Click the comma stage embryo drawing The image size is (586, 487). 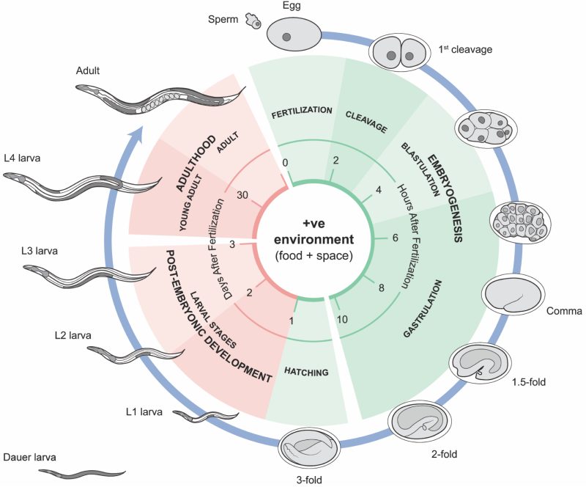[x=513, y=296]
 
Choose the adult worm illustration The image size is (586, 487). [x=157, y=98]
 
